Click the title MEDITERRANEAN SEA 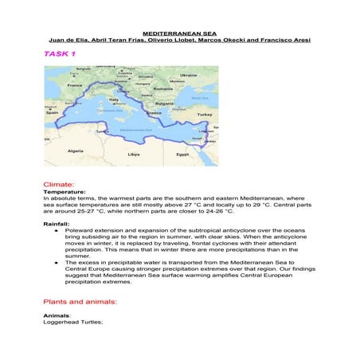179,33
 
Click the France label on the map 75,85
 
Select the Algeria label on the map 76,150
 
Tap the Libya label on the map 134,155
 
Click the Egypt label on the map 182,154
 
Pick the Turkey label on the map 204,115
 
